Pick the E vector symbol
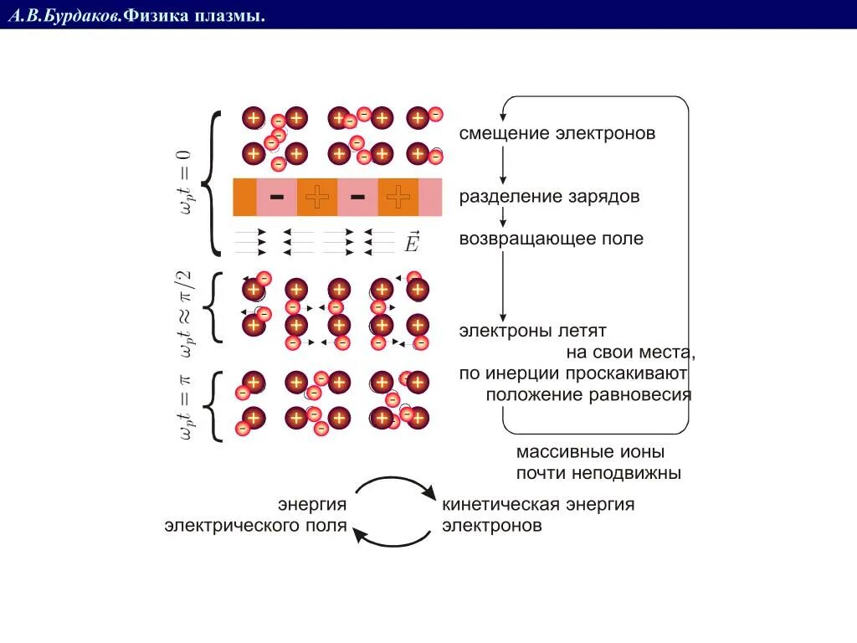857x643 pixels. [x=411, y=242]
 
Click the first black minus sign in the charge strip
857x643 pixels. [x=277, y=197]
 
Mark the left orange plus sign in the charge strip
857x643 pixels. [x=316, y=197]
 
